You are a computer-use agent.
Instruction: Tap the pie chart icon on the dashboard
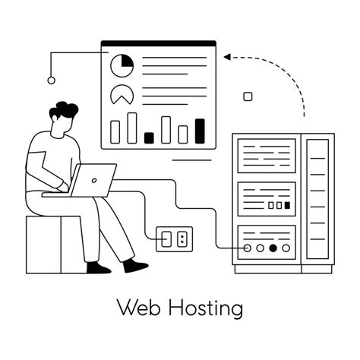coord(122,66)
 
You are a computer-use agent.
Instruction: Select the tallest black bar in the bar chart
coord(200,131)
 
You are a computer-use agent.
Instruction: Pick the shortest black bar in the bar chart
coord(149,137)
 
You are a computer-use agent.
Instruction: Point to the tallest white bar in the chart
coord(132,128)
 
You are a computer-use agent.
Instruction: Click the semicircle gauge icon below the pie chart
coord(121,95)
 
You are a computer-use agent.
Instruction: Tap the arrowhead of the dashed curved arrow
coord(226,56)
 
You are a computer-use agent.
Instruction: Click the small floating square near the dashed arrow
coord(247,96)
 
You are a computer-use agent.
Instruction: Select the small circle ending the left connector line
coord(51,80)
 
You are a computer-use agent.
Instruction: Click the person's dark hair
coord(64,112)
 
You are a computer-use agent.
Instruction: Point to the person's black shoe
coord(136,267)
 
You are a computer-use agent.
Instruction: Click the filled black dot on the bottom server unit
coord(273,248)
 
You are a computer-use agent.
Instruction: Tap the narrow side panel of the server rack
coord(317,201)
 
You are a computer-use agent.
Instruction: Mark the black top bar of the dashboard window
coord(158,43)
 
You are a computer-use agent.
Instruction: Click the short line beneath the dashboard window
coord(191,160)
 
